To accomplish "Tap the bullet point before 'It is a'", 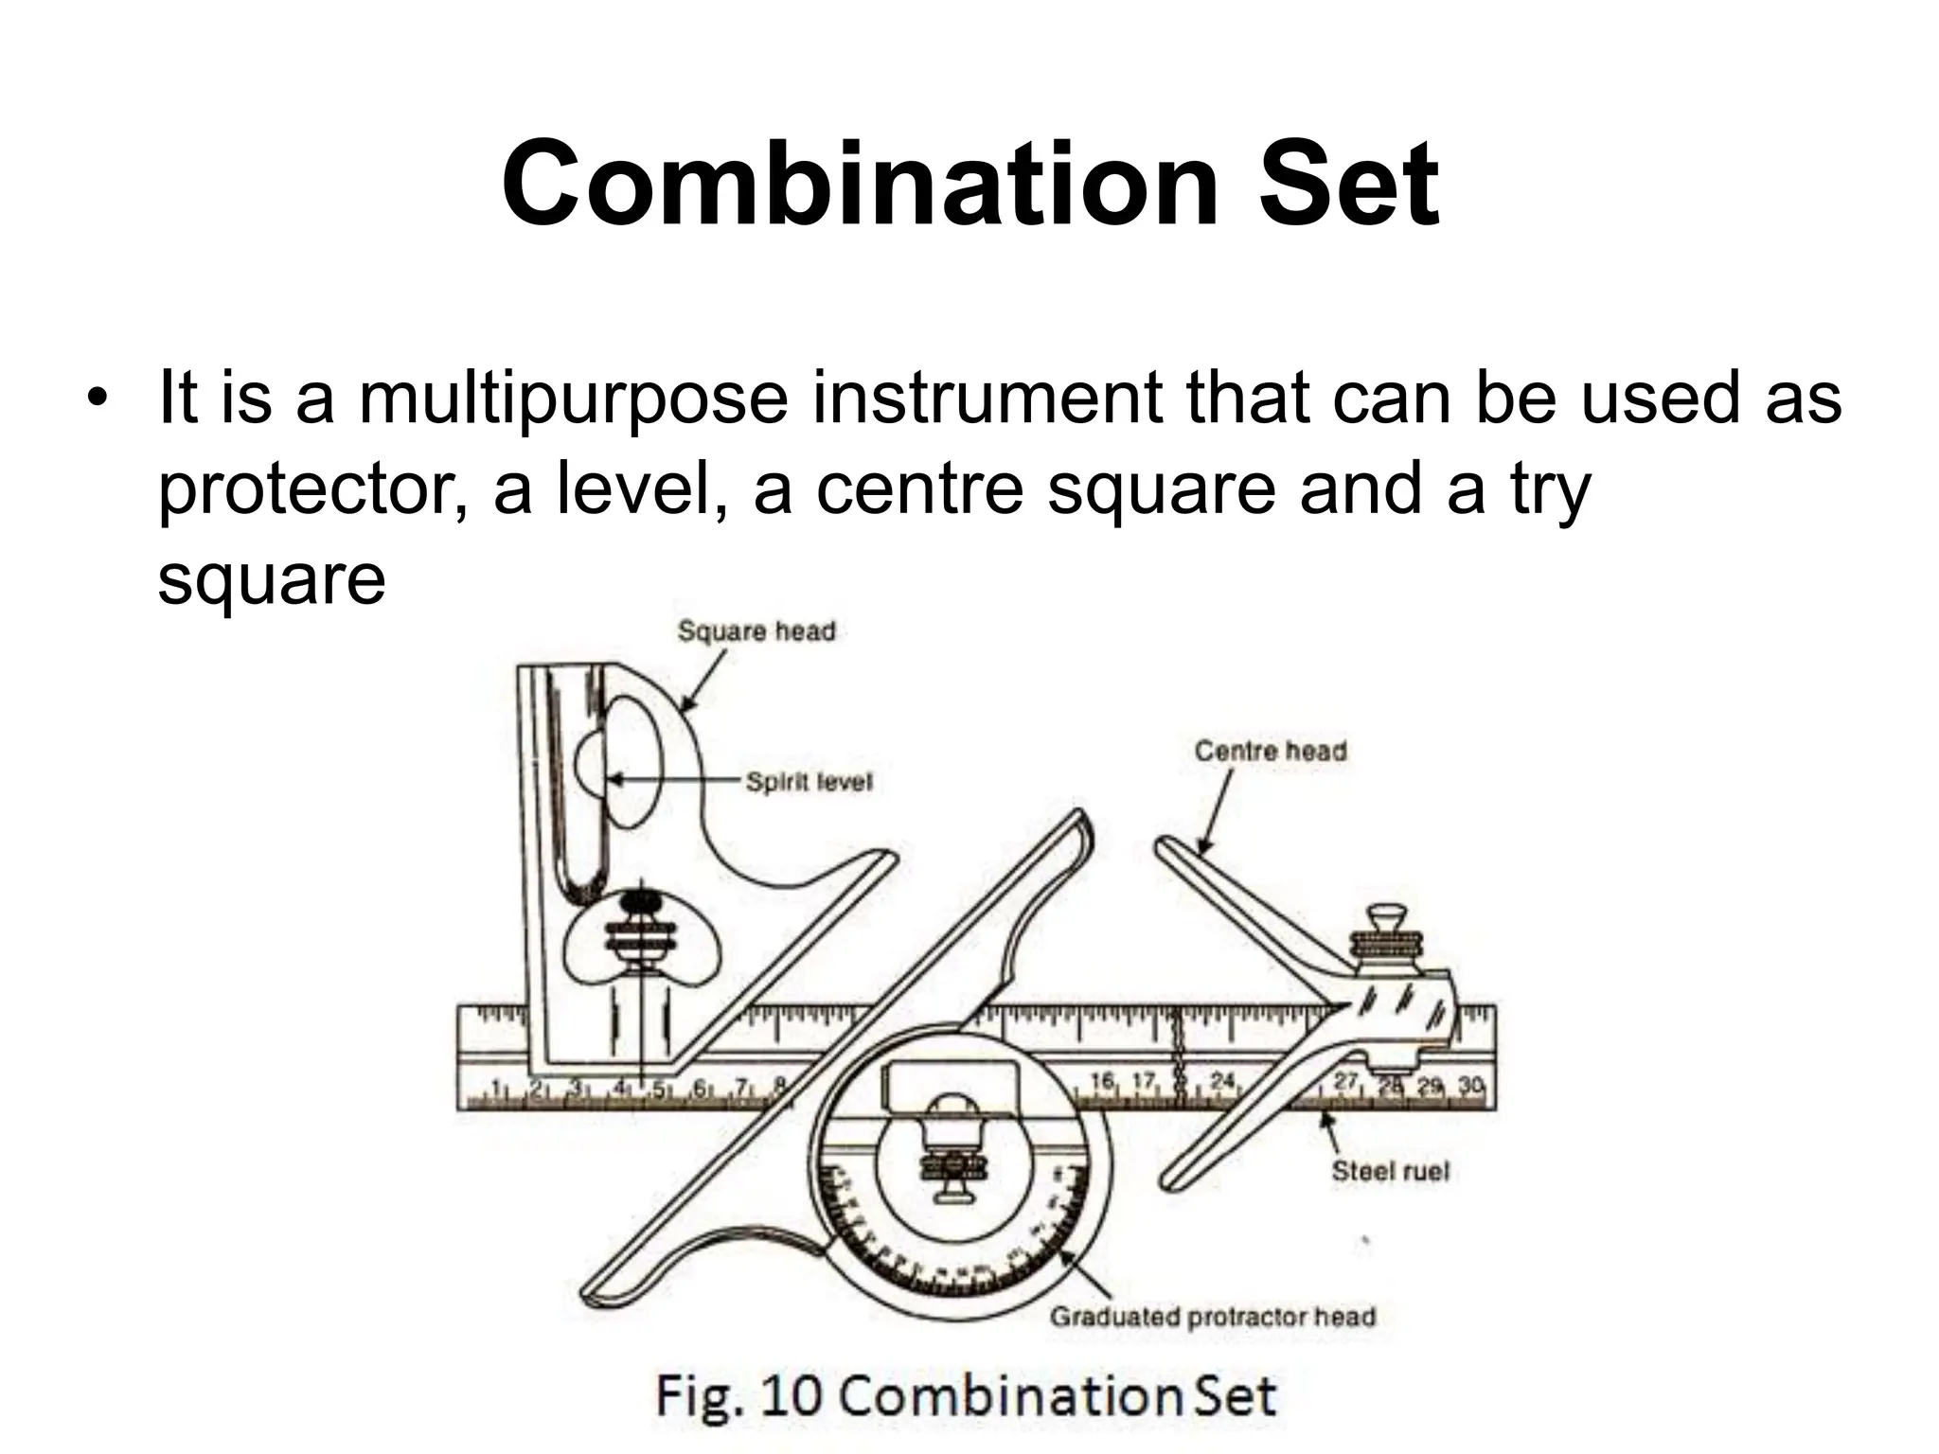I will (96, 398).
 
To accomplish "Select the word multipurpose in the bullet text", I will (573, 399).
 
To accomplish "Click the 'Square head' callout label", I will (756, 631).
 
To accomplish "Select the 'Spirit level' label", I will (808, 782).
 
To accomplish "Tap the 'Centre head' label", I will (1269, 752).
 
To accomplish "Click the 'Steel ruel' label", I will (1390, 1171).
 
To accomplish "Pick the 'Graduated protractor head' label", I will (1212, 1317).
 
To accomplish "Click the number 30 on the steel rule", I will (1470, 1085).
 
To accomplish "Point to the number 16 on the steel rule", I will (1102, 1081).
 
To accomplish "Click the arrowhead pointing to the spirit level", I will (614, 780).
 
